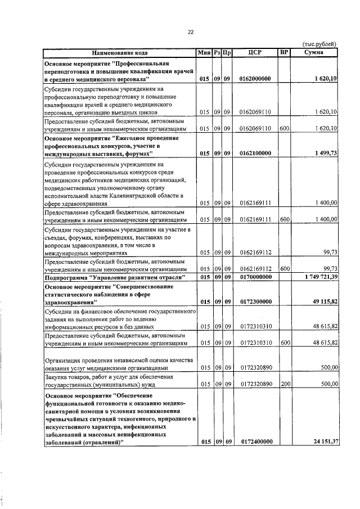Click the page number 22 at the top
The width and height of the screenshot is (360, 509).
pyautogui.click(x=191, y=32)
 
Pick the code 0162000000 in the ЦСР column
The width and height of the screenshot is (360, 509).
pyautogui.click(x=255, y=79)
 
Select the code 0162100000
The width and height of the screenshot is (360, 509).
pyautogui.click(x=255, y=154)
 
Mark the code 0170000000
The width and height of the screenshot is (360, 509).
pyautogui.click(x=255, y=277)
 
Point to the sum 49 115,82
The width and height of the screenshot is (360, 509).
pyautogui.click(x=321, y=302)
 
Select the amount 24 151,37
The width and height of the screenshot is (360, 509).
pyautogui.click(x=321, y=442)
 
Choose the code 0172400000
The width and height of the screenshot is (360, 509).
pyautogui.click(x=255, y=442)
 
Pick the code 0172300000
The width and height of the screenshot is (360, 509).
pyautogui.click(x=255, y=302)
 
